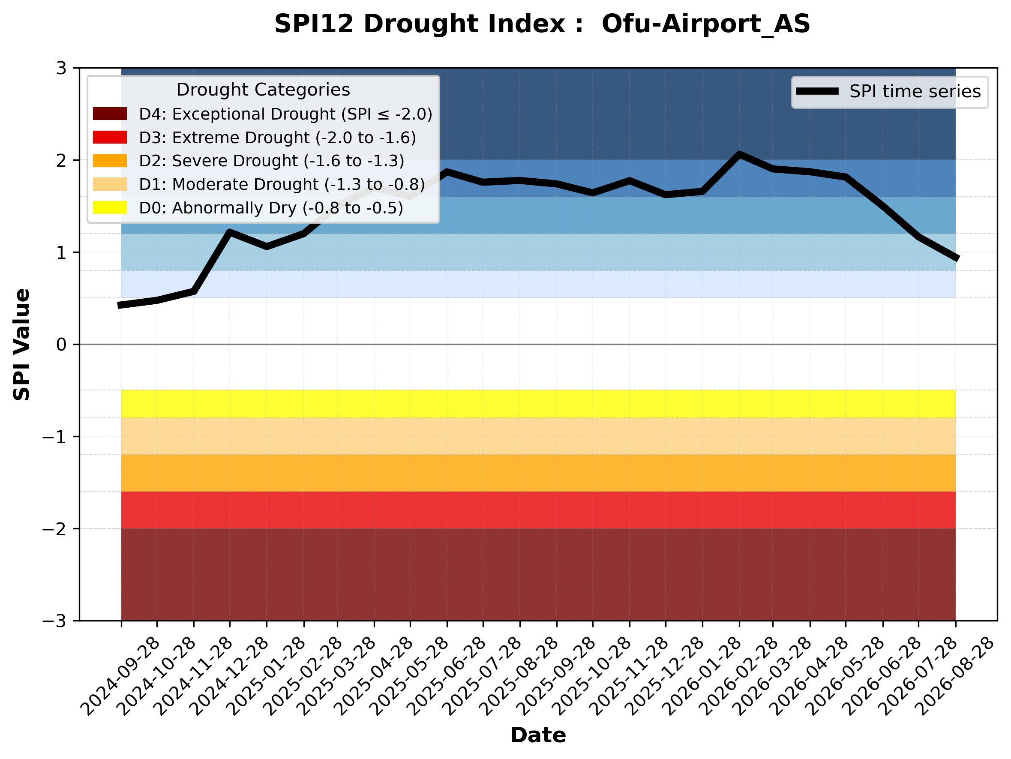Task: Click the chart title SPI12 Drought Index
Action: pos(429,24)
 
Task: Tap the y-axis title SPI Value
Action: pos(21,345)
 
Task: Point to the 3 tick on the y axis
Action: pos(61,68)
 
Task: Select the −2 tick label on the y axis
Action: pos(54,529)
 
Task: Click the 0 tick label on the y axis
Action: pos(61,345)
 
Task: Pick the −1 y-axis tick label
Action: pos(54,437)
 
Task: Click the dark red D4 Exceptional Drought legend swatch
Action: pos(110,114)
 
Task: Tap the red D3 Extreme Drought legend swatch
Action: pos(110,137)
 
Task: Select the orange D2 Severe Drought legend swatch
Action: pos(110,161)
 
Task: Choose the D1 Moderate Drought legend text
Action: pos(282,184)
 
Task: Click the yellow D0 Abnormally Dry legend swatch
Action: pos(110,207)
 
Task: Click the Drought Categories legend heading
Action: pos(263,90)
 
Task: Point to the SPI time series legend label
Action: pos(915,92)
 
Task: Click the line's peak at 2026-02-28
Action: pos(739,154)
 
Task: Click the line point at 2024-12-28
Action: pos(229,232)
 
